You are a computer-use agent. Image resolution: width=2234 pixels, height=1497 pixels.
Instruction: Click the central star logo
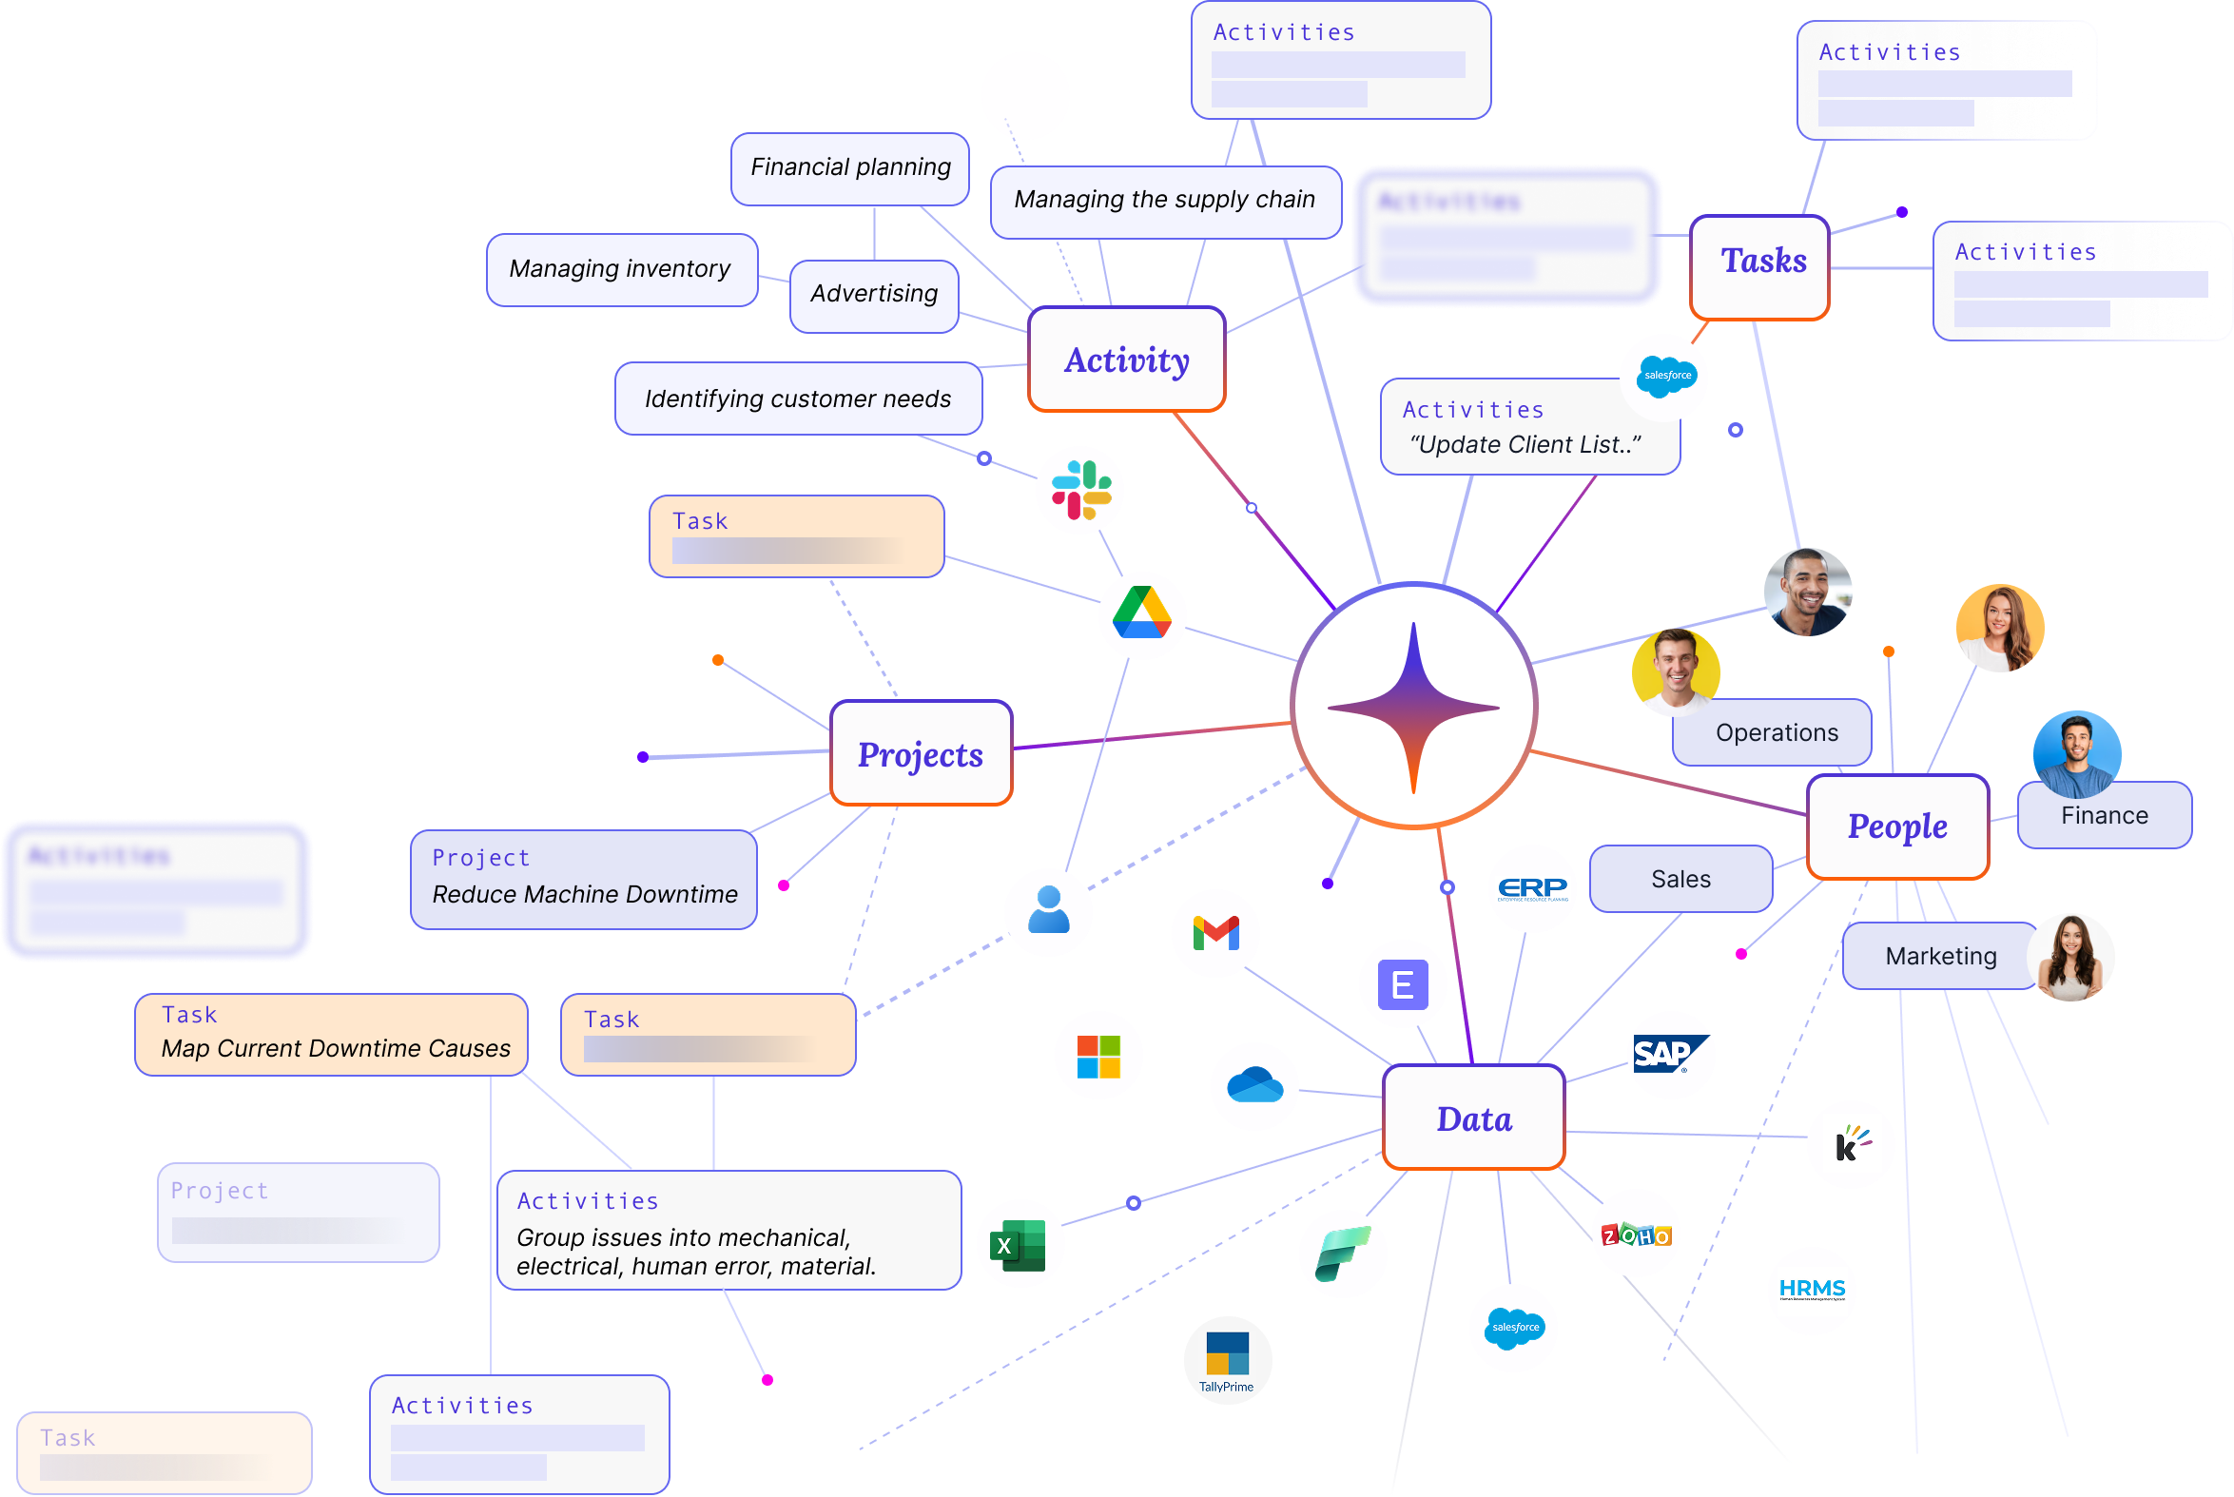1413,707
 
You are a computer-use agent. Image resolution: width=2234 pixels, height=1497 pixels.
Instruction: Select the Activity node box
1127,360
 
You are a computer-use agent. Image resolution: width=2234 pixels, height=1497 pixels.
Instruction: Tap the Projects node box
921,754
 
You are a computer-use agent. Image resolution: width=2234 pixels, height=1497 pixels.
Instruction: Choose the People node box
1897,826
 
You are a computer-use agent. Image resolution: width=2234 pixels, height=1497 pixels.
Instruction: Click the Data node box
1473,1118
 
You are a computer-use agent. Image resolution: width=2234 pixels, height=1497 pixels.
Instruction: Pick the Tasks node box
1759,267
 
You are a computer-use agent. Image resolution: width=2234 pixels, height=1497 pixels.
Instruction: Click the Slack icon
1079,490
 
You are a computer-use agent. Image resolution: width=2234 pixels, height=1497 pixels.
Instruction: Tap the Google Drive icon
1142,614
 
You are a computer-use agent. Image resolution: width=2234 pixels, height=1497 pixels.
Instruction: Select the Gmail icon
1215,933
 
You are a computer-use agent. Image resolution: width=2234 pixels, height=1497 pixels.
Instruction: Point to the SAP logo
1670,1055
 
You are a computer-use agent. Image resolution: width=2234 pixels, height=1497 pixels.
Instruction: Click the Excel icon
1020,1244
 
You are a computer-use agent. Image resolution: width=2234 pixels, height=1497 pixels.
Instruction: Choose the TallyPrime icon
1227,1359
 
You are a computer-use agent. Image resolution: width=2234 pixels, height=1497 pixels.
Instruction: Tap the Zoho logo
1636,1234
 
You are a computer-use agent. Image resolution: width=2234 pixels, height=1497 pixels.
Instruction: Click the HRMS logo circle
1811,1290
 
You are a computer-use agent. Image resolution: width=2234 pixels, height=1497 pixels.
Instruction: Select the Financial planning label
849,168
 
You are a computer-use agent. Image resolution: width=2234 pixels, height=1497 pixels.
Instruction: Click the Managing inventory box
620,269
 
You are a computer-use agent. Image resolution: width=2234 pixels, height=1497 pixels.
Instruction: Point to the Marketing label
1940,956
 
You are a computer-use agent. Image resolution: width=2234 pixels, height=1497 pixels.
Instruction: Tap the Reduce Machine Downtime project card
583,880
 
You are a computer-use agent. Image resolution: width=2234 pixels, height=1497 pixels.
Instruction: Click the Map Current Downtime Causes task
331,1035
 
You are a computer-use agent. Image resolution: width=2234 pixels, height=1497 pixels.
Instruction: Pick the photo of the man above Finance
2076,754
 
